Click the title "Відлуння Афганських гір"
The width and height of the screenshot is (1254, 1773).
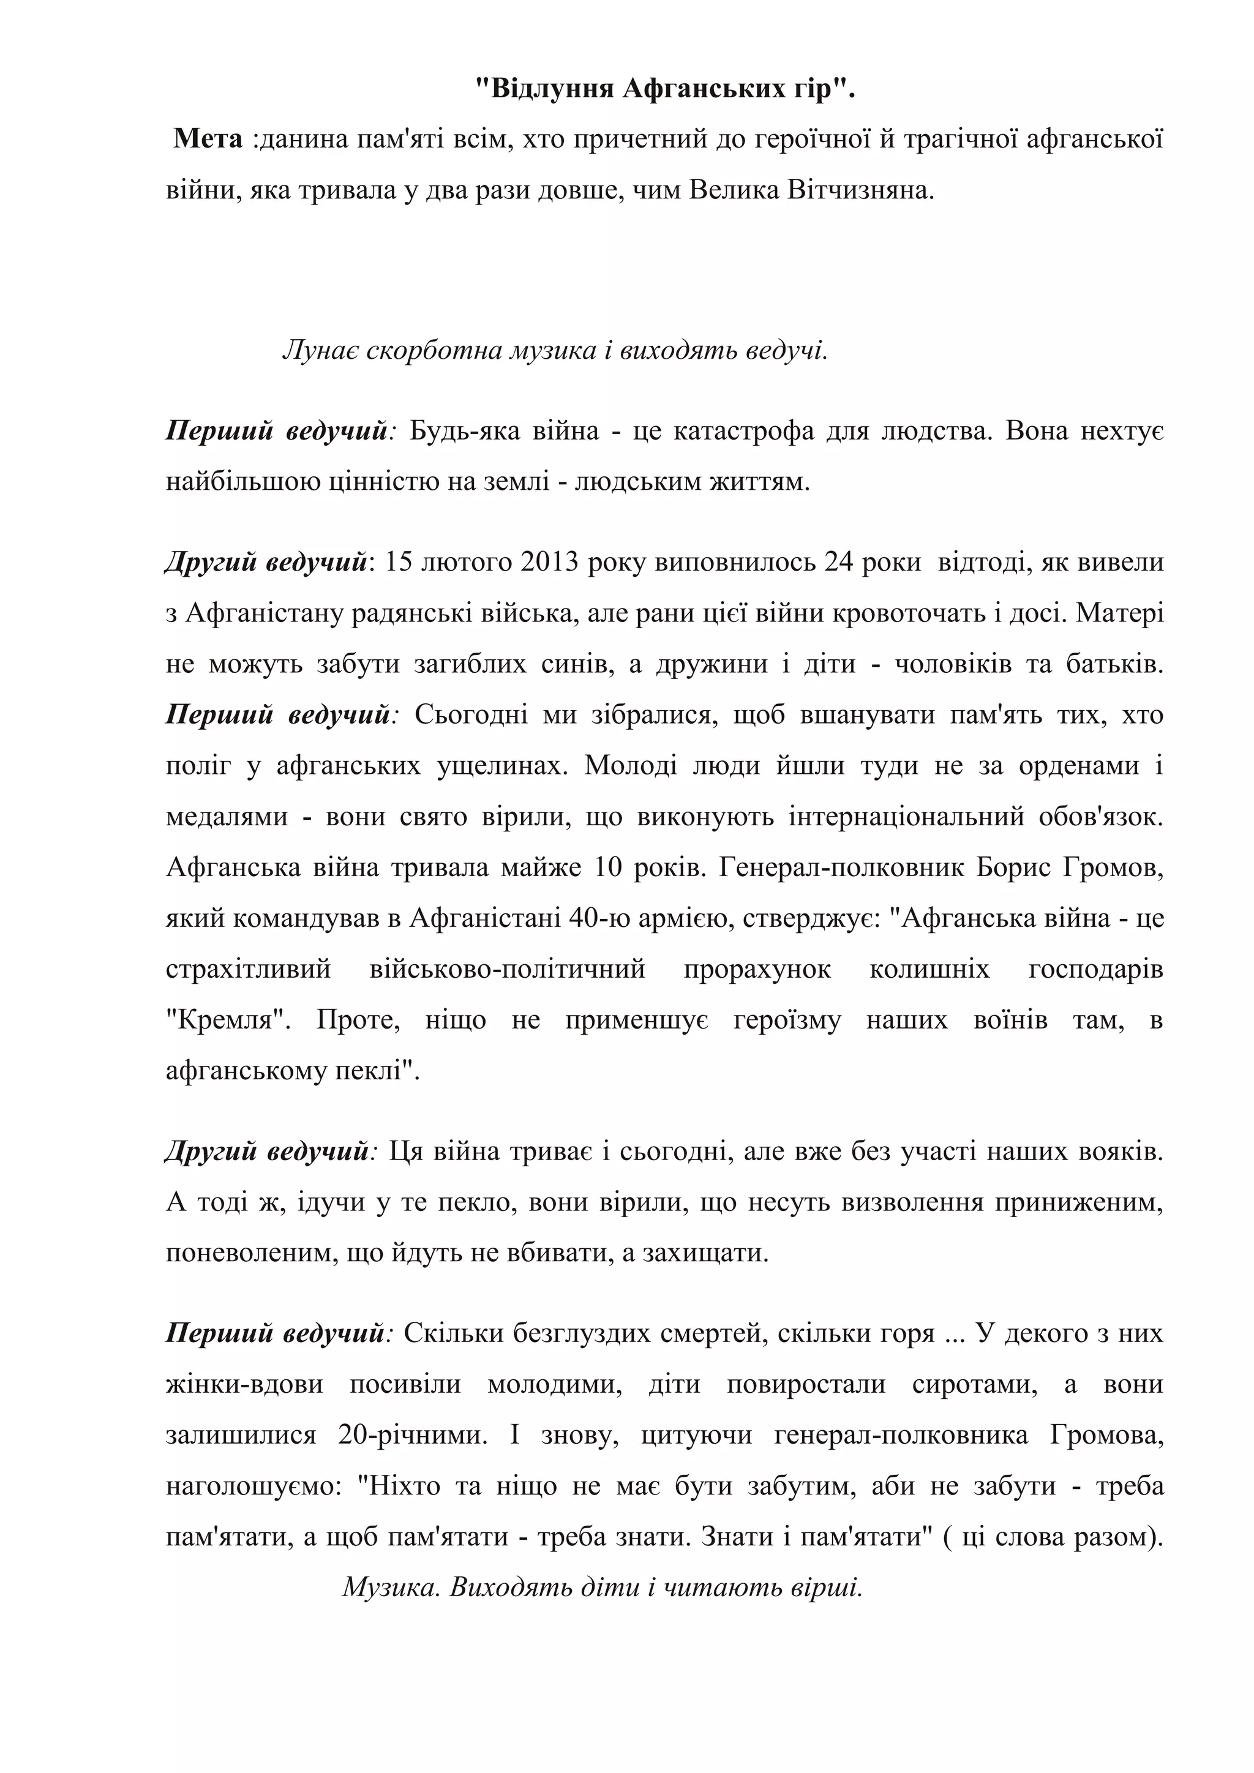[x=665, y=89]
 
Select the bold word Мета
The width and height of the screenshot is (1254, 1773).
[x=208, y=139]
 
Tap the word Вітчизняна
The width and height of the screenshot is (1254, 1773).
[x=860, y=190]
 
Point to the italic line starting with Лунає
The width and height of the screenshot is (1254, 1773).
[x=554, y=351]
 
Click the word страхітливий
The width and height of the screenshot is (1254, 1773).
[x=248, y=970]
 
